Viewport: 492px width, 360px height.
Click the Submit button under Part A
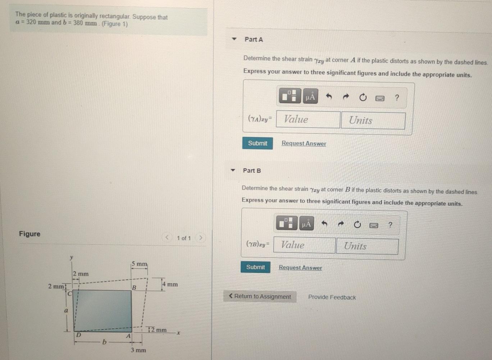point(258,143)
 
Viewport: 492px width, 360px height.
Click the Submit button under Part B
point(255,267)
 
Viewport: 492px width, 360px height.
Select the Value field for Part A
point(308,119)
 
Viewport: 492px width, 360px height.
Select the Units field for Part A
point(373,120)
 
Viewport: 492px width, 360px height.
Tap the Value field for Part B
point(304,245)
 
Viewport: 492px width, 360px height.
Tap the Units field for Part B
point(367,246)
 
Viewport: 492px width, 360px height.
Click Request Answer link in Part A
point(304,143)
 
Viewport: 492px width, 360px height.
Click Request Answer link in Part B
point(300,268)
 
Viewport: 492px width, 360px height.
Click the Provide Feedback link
point(332,297)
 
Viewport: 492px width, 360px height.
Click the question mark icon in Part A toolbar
point(397,97)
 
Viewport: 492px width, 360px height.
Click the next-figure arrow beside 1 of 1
point(201,237)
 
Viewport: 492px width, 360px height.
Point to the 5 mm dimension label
point(139,264)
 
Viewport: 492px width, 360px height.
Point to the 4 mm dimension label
point(170,284)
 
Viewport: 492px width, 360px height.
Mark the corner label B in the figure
point(134,288)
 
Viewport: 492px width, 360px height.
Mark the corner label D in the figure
point(79,335)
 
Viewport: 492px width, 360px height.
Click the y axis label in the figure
point(72,257)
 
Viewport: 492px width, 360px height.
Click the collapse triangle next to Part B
point(233,170)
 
